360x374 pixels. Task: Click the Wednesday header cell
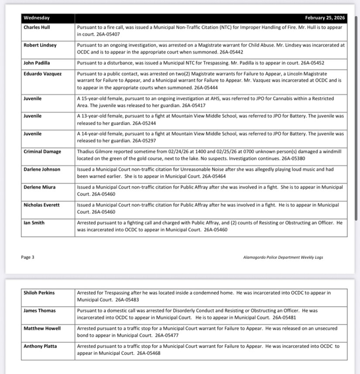pyautogui.click(x=37, y=18)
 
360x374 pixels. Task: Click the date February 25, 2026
pyautogui.click(x=325, y=18)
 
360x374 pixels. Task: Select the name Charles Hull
pyautogui.click(x=37, y=27)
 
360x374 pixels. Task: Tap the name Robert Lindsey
pyautogui.click(x=40, y=45)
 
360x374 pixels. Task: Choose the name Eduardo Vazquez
pyautogui.click(x=42, y=74)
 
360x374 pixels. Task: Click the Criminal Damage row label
pyautogui.click(x=42, y=152)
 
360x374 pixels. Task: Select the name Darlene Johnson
pyautogui.click(x=42, y=169)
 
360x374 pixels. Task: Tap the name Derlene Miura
pyautogui.click(x=40, y=187)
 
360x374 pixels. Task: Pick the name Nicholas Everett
pyautogui.click(x=42, y=205)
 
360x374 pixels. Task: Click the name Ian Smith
pyautogui.click(x=34, y=223)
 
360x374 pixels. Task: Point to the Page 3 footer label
pyautogui.click(x=27, y=257)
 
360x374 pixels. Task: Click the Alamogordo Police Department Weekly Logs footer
pyautogui.click(x=283, y=257)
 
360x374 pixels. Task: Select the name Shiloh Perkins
pyautogui.click(x=39, y=292)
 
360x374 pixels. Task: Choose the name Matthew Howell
pyautogui.click(x=42, y=328)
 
